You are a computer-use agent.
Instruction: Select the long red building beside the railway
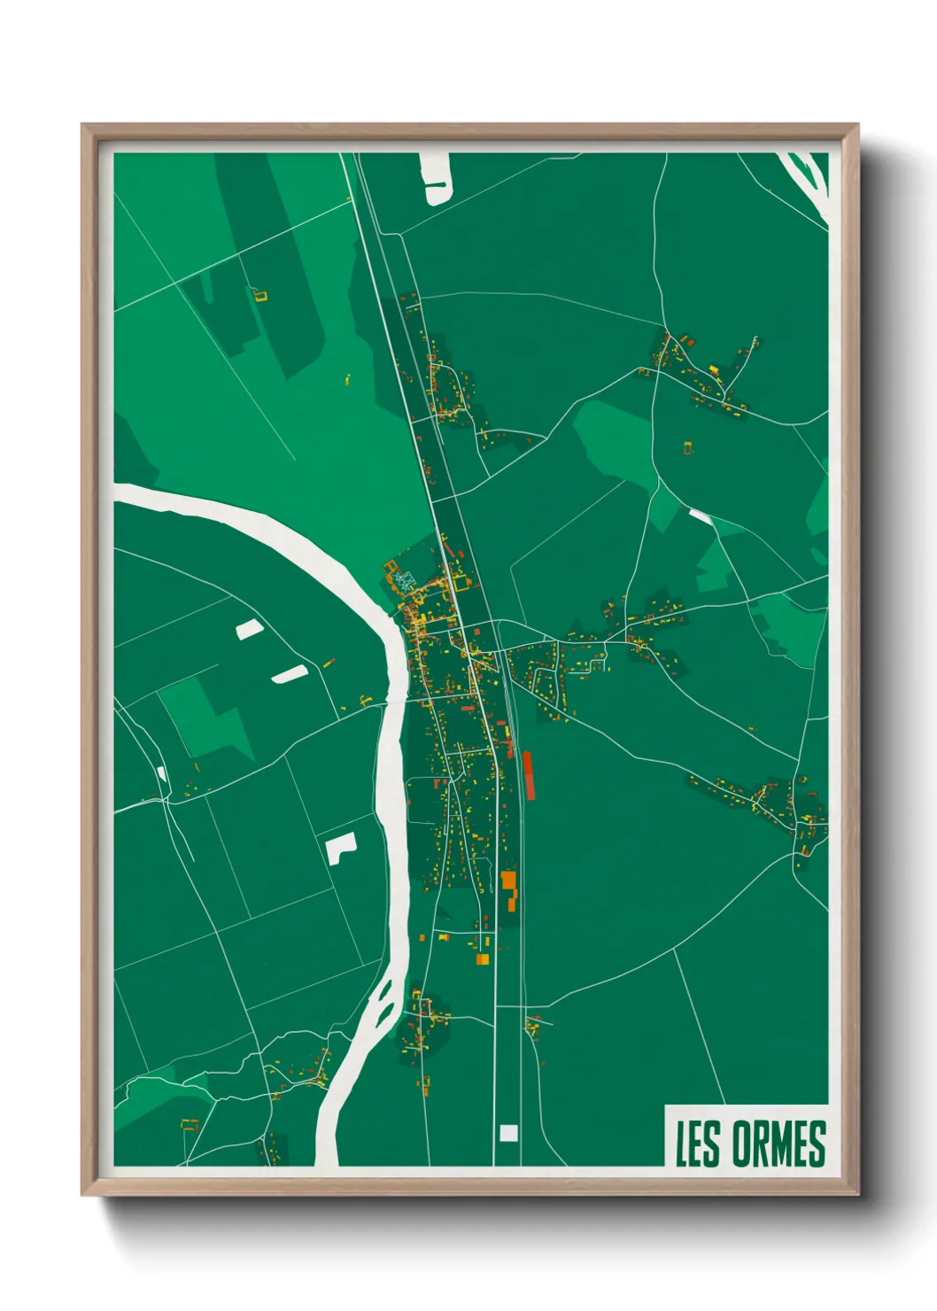[529, 775]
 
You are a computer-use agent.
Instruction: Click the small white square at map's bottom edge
[507, 1133]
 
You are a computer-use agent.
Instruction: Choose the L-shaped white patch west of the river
[340, 848]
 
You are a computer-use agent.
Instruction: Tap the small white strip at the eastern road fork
[700, 515]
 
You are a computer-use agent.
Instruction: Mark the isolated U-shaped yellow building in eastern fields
[688, 448]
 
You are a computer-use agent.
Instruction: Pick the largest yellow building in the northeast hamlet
[713, 368]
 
